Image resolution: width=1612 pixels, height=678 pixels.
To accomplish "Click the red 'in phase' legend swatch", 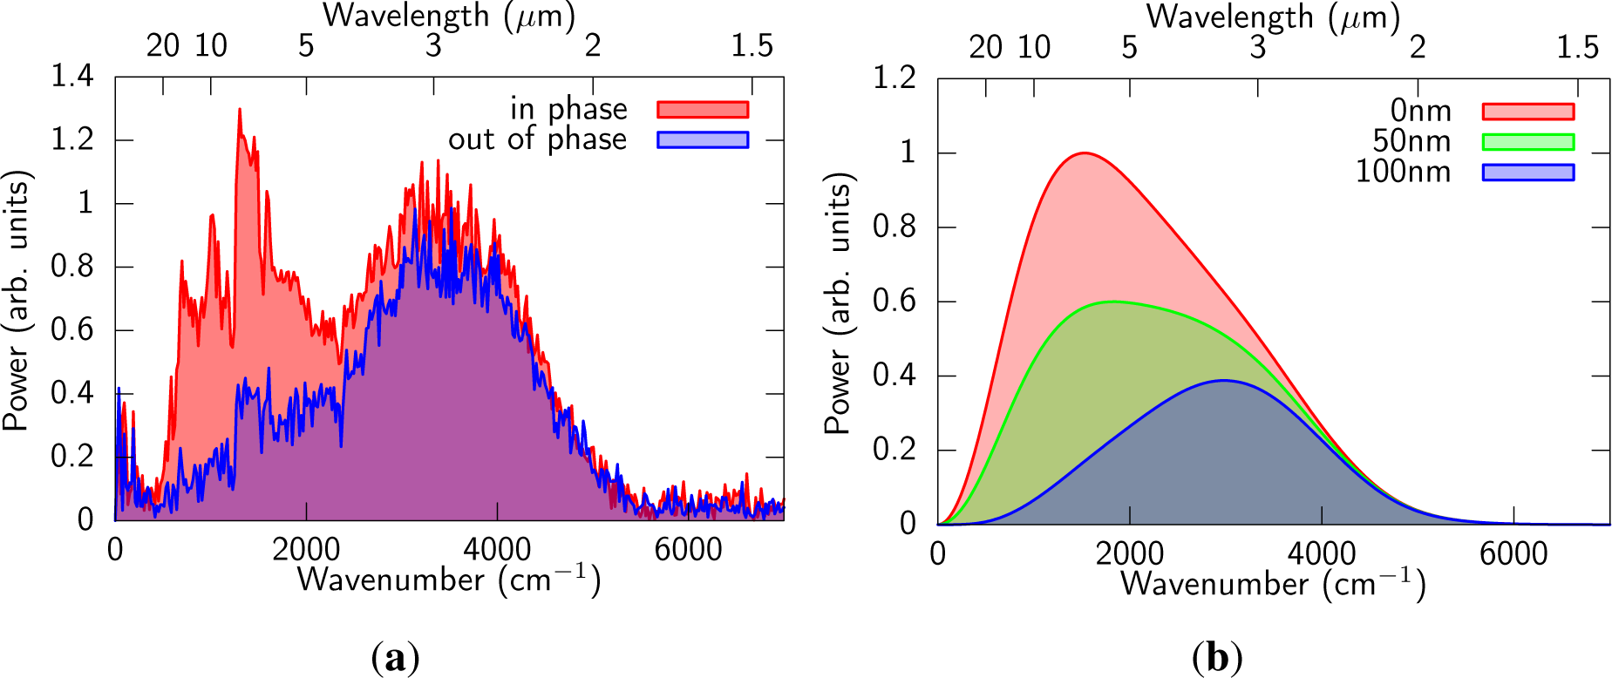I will (702, 109).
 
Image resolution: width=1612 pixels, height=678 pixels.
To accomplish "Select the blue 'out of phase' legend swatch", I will (702, 139).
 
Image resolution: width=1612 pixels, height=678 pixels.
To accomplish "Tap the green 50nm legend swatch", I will (1527, 142).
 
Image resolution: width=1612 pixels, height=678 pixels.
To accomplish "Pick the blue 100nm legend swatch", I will (1527, 173).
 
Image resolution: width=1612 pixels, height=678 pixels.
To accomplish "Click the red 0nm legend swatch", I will (1527, 112).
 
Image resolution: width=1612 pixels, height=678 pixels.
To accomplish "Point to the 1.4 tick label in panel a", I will (71, 77).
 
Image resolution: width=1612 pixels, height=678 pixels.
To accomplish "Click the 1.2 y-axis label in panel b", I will (894, 78).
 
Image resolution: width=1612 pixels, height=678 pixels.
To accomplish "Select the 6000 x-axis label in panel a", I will (688, 550).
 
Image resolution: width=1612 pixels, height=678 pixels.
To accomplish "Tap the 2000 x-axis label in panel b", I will (1130, 554).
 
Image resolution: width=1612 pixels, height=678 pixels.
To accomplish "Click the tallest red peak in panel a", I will (239, 110).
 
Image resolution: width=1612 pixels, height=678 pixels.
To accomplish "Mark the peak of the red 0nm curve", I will (1084, 153).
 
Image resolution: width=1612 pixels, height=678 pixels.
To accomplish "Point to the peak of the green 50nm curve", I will (1112, 302).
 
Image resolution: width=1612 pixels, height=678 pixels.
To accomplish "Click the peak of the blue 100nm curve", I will (1224, 380).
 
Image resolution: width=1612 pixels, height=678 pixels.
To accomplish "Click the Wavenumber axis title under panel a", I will (449, 580).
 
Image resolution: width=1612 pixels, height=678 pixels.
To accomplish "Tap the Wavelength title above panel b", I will (1273, 17).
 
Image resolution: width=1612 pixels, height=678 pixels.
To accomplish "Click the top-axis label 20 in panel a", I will (162, 45).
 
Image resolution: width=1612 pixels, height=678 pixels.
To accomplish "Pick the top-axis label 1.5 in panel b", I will (1577, 47).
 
